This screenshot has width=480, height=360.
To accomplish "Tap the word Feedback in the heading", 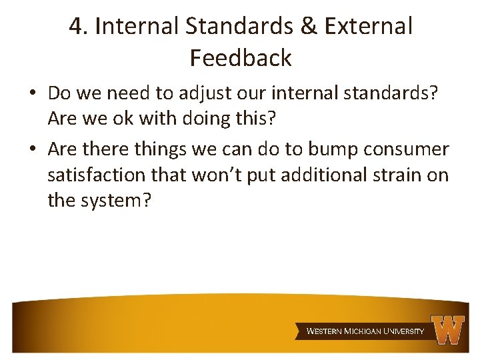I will [x=241, y=58].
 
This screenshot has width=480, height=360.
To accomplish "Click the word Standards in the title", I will [x=240, y=27].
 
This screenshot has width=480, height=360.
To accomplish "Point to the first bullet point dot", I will [x=33, y=93].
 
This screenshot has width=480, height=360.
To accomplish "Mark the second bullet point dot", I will [x=33, y=150].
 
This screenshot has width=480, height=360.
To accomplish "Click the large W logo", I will [x=448, y=329].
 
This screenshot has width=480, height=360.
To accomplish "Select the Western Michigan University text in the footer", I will [x=365, y=331].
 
